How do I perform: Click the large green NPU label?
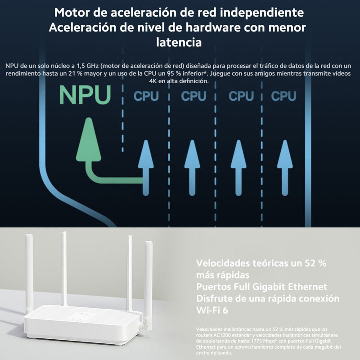click(x=85, y=95)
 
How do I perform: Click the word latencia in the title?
click(x=178, y=43)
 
